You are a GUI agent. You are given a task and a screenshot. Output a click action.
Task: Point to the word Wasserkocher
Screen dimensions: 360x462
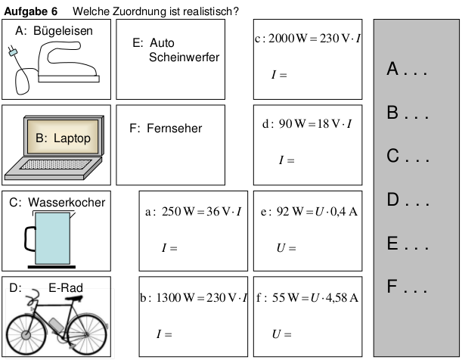[67, 203]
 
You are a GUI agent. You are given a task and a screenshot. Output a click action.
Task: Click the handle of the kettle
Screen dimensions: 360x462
[29, 239]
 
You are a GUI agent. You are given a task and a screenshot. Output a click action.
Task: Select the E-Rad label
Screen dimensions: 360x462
[65, 287]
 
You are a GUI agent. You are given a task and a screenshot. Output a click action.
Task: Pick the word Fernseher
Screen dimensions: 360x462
[175, 129]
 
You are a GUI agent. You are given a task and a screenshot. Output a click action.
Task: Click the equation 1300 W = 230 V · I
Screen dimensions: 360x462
[194, 298]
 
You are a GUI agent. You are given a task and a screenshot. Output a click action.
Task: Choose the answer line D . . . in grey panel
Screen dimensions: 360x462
[408, 200]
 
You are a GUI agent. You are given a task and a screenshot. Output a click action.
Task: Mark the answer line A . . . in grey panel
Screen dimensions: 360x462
[408, 70]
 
